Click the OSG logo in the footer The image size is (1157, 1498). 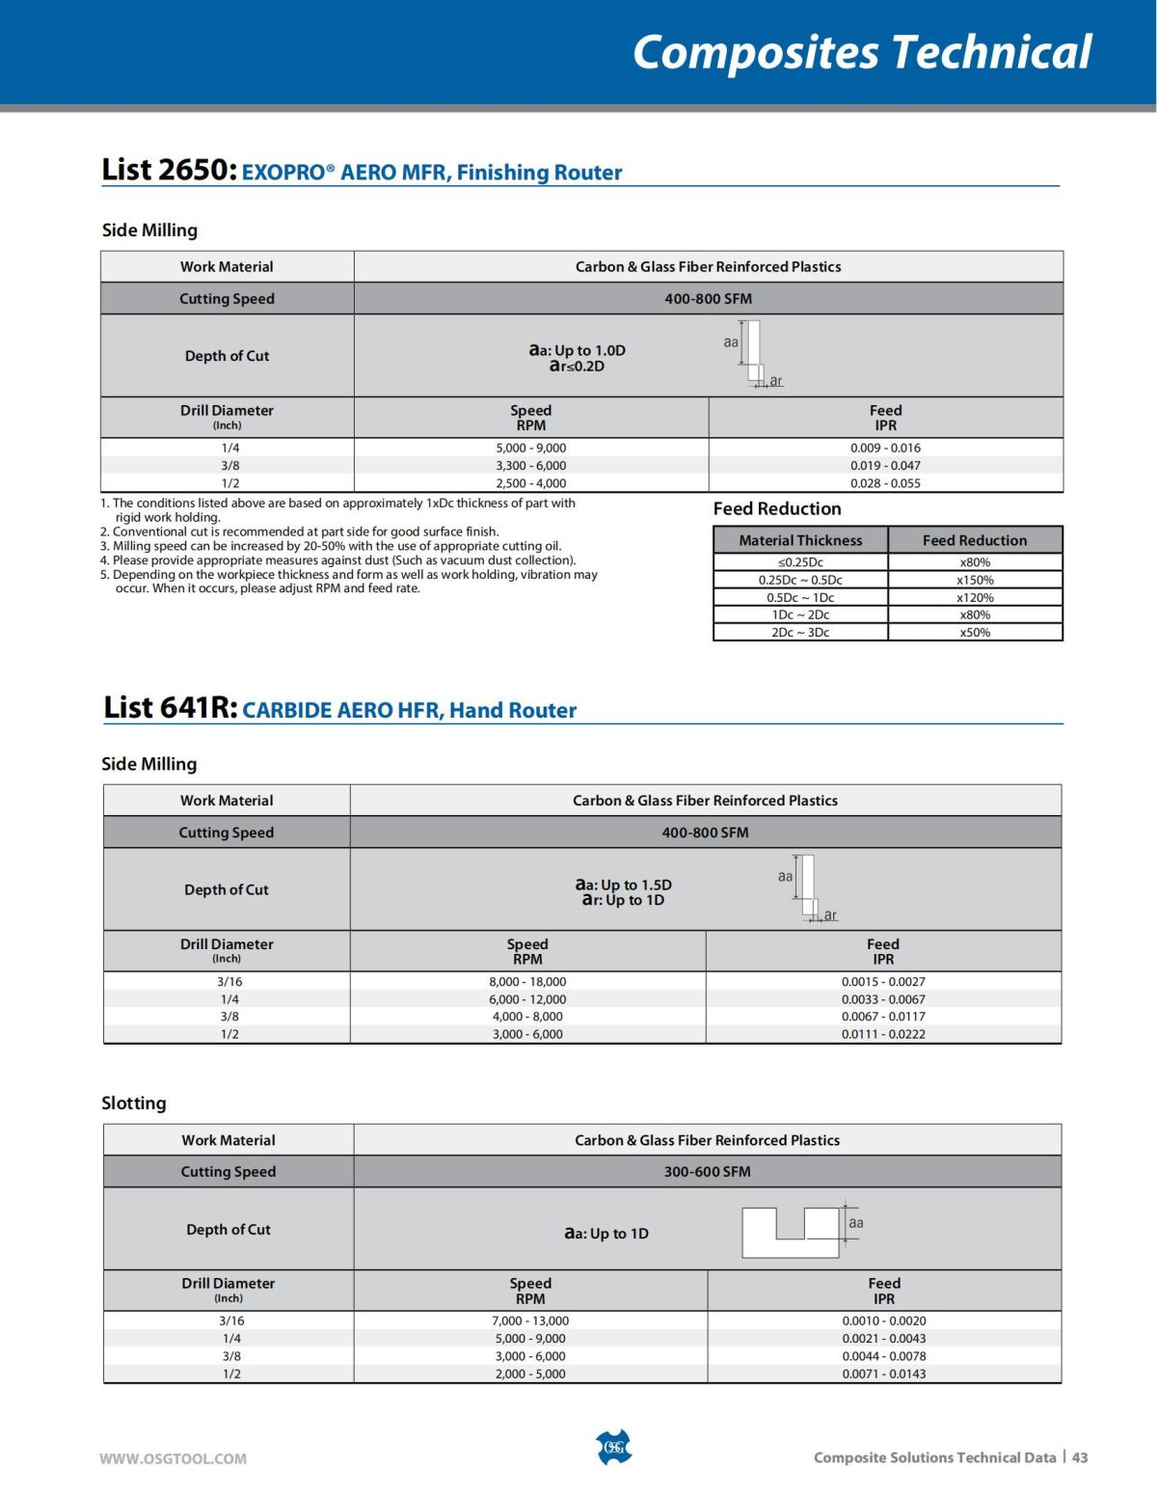pos(613,1447)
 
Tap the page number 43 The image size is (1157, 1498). pos(1080,1457)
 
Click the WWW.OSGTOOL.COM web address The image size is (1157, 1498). pos(173,1458)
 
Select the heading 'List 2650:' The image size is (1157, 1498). pos(169,170)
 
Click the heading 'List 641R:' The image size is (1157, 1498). pos(170,708)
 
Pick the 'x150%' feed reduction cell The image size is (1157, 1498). pos(975,580)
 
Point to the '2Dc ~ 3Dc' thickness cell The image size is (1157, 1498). pos(800,633)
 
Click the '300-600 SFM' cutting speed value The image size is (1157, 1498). pos(707,1171)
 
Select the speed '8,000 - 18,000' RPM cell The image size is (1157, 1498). pos(527,982)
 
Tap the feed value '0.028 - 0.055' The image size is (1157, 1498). pos(885,483)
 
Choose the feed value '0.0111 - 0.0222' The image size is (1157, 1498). pos(883,1034)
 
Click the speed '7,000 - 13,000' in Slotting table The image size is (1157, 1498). pos(530,1321)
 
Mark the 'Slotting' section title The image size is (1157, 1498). pos(134,1103)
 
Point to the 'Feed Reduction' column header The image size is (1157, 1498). pos(975,540)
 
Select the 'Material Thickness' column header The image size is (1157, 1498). pos(800,540)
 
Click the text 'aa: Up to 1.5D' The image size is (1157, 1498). pos(624,885)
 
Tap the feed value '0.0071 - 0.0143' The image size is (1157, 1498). pos(884,1374)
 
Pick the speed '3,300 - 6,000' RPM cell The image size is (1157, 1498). pos(531,465)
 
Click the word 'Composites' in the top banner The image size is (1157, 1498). pos(755,52)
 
